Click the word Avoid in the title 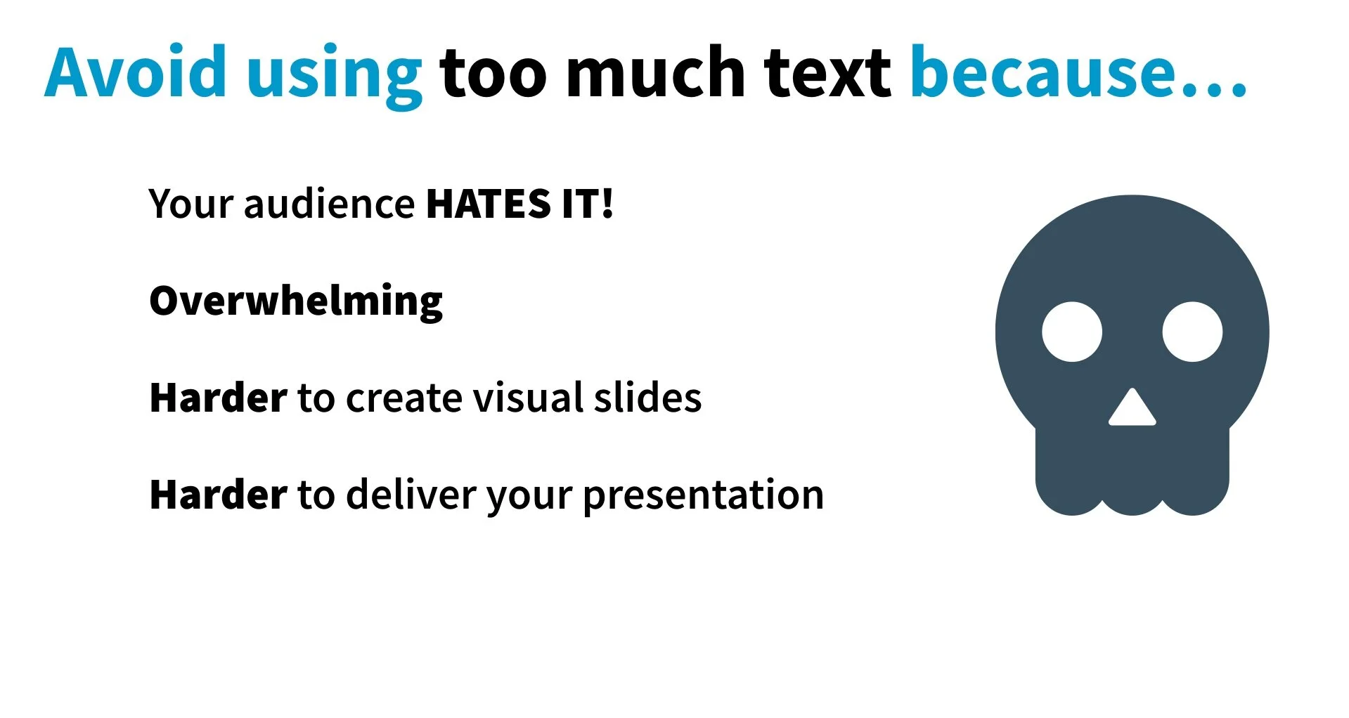135,72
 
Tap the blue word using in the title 334,76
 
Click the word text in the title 827,72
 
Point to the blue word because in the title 1043,72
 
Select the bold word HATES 489,204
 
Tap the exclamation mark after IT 607,204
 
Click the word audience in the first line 329,204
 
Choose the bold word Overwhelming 296,301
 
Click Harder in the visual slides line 219,398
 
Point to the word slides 647,398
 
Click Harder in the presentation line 219,495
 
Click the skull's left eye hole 1072,332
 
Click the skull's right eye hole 1192,332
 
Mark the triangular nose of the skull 1132,410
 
